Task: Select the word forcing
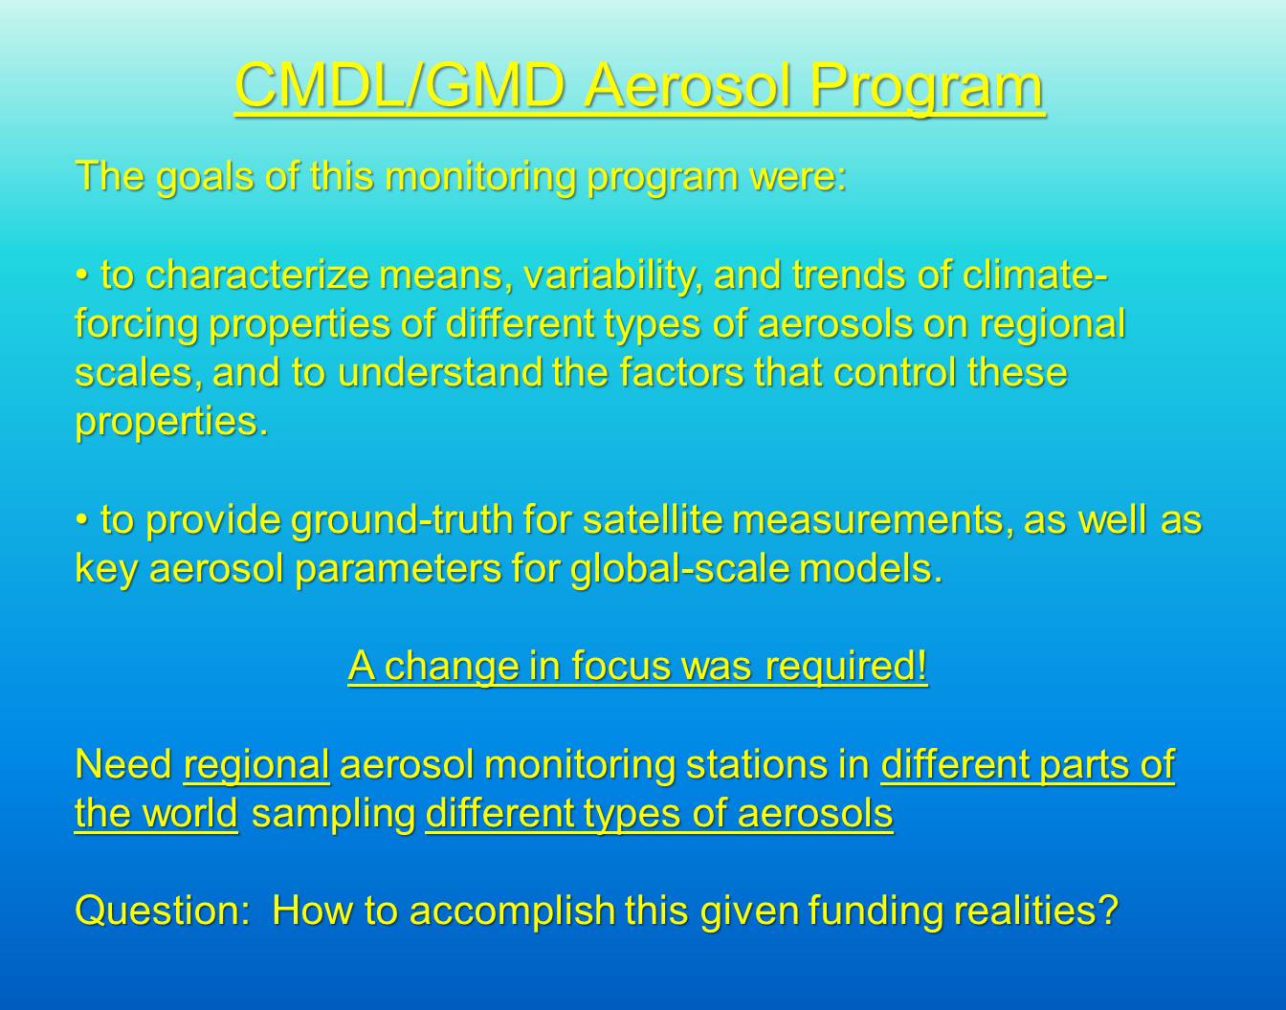pyautogui.click(x=136, y=326)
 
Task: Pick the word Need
pyautogui.click(x=123, y=765)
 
